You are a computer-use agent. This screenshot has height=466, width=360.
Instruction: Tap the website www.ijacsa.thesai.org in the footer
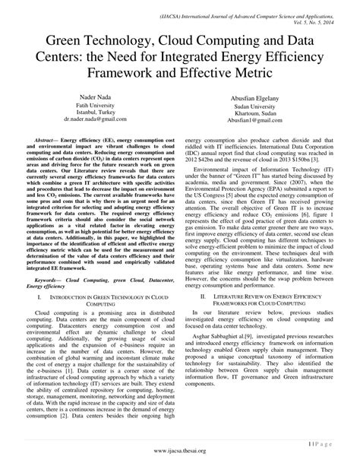[179, 452]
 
